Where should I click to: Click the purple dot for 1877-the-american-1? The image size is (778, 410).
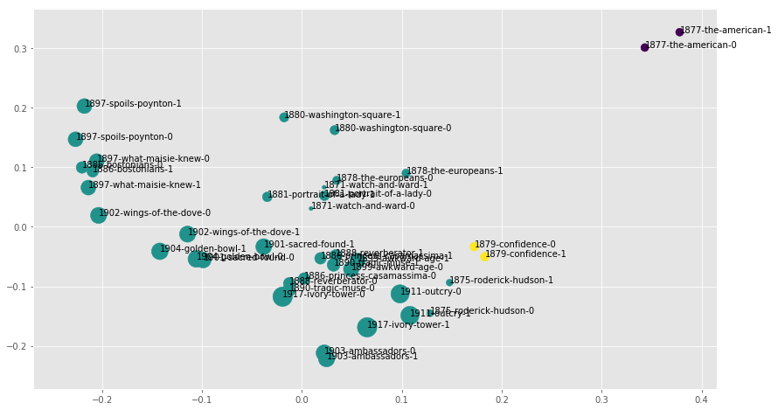tap(679, 32)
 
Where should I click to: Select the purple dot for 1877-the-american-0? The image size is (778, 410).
tap(645, 47)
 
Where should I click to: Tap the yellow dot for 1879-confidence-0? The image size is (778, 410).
tap(475, 247)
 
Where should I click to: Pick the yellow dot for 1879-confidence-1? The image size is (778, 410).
tap(484, 256)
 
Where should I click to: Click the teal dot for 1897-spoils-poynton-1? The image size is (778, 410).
tap(84, 106)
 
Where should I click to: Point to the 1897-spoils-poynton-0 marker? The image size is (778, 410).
tap(75, 139)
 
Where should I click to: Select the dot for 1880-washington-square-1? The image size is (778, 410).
tap(284, 117)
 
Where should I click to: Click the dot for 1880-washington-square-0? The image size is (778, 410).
tap(335, 130)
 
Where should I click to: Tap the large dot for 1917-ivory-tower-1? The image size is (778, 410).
tap(367, 327)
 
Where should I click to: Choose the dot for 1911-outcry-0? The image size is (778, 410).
tap(400, 294)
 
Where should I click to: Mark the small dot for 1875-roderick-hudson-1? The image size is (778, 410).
tap(449, 282)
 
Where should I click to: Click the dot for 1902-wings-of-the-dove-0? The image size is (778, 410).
tap(98, 215)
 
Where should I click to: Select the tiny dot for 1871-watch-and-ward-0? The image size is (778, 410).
tap(311, 208)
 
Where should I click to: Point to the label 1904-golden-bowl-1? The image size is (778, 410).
tap(203, 249)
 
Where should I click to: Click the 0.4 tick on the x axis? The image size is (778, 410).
tap(701, 396)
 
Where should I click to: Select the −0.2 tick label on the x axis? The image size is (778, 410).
tap(102, 396)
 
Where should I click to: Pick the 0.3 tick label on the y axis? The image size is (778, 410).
tap(19, 49)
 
